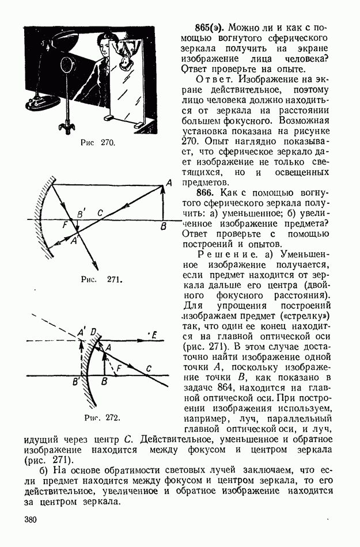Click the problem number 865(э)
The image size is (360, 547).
click(x=211, y=27)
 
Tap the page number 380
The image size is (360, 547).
click(x=31, y=521)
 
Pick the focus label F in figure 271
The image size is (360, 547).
click(x=65, y=225)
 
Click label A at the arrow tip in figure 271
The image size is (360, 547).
click(x=168, y=183)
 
